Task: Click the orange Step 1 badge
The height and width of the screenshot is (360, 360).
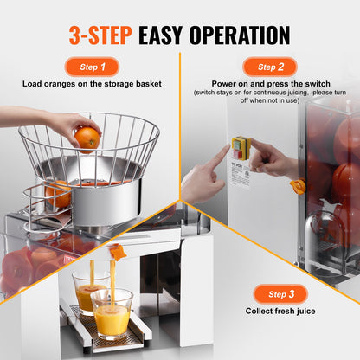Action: [93, 67]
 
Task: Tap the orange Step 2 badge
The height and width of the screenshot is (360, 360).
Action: [270, 67]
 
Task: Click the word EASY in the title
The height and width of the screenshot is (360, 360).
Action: [169, 35]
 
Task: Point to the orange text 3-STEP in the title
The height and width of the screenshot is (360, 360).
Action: [100, 35]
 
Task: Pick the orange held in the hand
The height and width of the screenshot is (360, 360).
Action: [87, 137]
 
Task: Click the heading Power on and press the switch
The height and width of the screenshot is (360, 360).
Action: [270, 85]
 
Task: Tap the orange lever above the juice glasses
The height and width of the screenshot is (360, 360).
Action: [119, 252]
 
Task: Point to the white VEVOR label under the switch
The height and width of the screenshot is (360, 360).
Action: [240, 174]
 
